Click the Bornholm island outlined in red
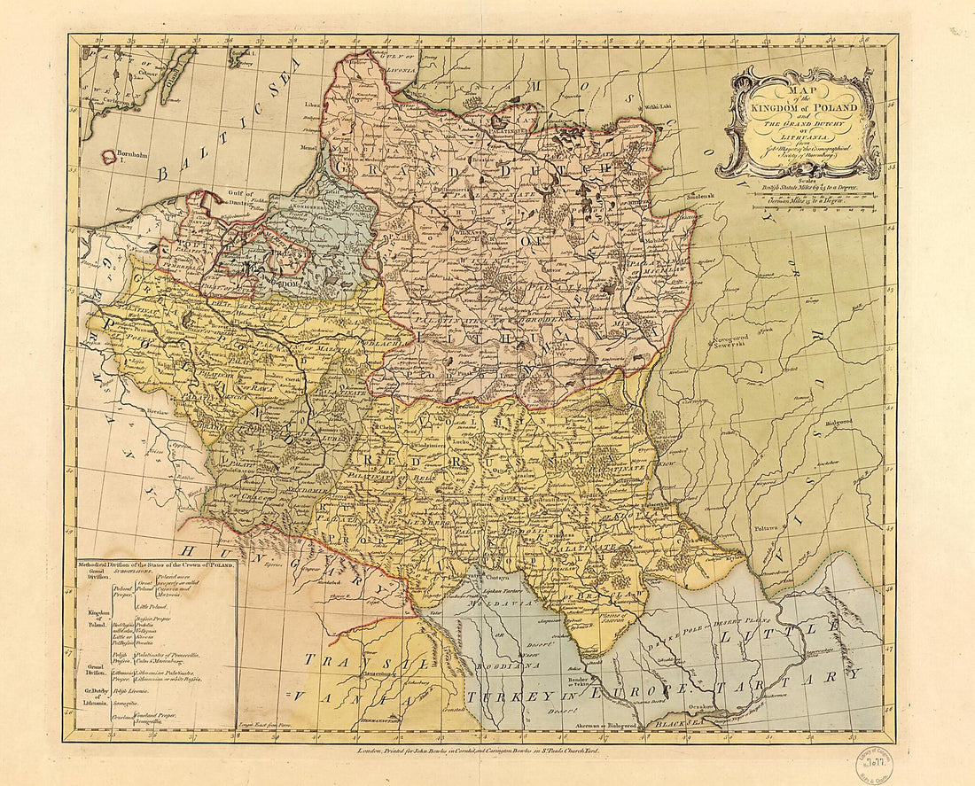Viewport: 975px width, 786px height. tap(109, 157)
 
